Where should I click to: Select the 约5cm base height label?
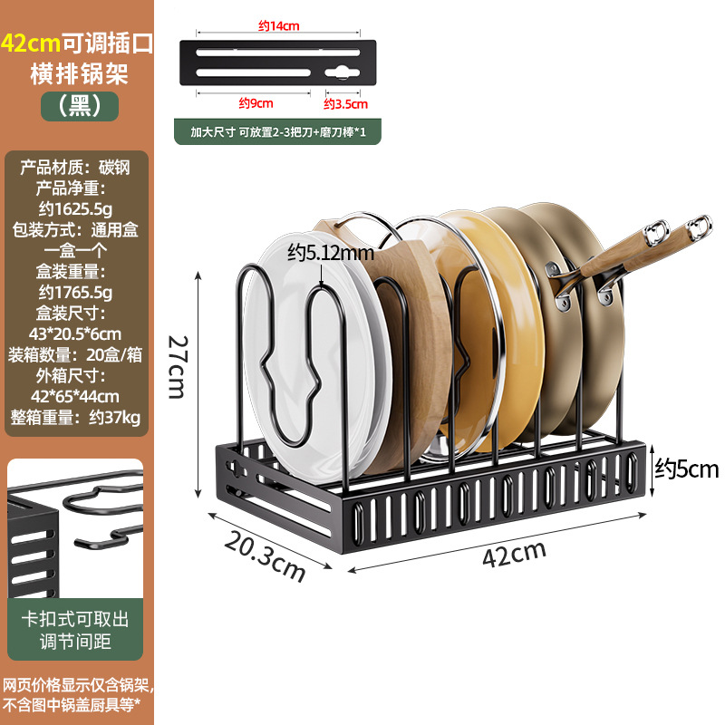point(686,469)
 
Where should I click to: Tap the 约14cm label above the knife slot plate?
point(278,26)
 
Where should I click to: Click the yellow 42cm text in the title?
point(31,43)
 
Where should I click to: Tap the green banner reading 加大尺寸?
point(277,130)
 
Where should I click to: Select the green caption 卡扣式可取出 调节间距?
point(74,631)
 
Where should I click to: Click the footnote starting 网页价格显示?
point(79,693)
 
